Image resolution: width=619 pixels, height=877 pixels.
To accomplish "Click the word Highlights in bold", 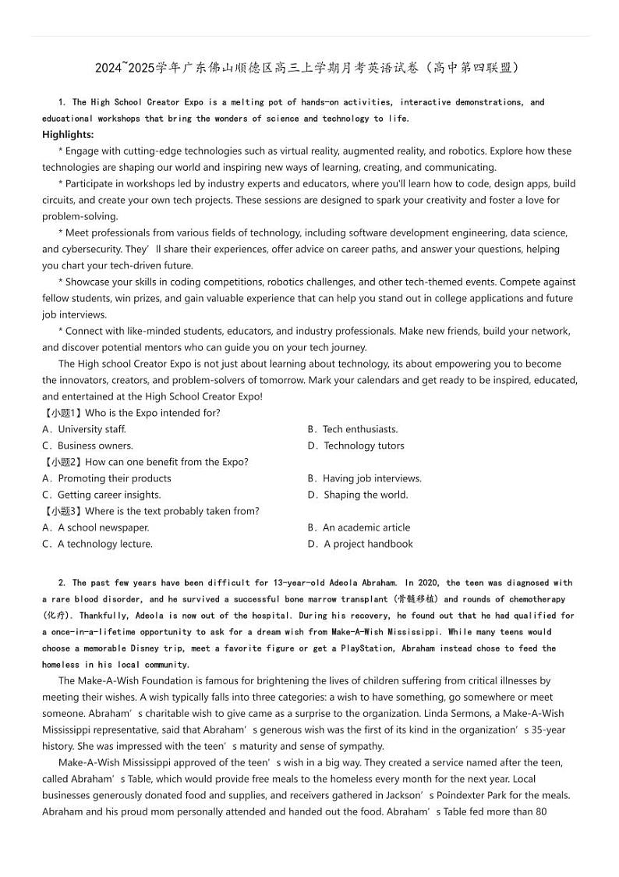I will tap(67, 134).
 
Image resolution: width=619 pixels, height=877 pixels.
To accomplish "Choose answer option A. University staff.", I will tap(84, 429).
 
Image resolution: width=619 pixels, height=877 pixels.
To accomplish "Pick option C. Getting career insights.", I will tap(101, 495).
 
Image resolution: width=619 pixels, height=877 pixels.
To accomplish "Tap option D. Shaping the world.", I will tap(358, 495).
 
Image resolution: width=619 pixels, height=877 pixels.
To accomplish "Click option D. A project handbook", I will tap(360, 544).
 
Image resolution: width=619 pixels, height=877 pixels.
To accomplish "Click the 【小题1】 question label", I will tap(62, 413).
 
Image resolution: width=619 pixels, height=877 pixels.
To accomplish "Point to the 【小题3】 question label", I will tap(62, 511).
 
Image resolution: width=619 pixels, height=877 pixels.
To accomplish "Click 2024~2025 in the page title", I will tap(125, 68).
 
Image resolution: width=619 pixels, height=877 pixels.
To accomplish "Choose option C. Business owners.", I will tap(87, 446).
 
